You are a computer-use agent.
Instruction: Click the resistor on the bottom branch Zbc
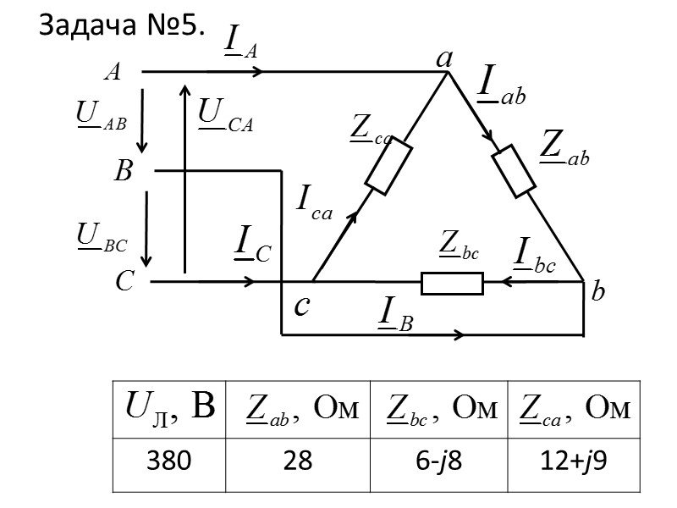(x=452, y=283)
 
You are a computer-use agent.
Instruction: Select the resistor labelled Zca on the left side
(x=388, y=165)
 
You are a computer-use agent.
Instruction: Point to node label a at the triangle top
(x=443, y=58)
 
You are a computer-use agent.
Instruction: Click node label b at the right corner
(x=598, y=293)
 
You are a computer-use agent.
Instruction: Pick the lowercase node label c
(x=302, y=307)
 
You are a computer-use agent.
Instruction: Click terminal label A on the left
(x=111, y=73)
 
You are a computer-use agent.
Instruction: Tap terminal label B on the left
(x=124, y=173)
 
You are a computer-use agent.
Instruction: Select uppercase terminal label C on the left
(x=124, y=282)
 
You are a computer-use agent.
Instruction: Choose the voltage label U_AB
(x=100, y=115)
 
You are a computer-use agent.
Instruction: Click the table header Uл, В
(x=168, y=408)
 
